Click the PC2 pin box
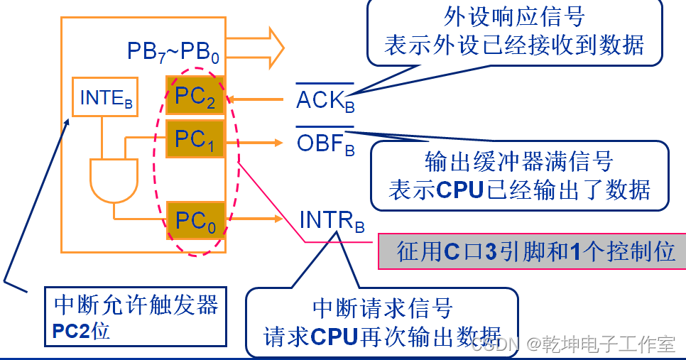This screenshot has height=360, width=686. click(x=195, y=97)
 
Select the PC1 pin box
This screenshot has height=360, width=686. click(x=195, y=138)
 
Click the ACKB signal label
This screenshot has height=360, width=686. click(x=325, y=100)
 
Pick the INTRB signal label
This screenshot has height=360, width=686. click(x=332, y=220)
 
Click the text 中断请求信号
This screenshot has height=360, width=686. click(x=382, y=308)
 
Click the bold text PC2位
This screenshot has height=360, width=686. click(x=82, y=330)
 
